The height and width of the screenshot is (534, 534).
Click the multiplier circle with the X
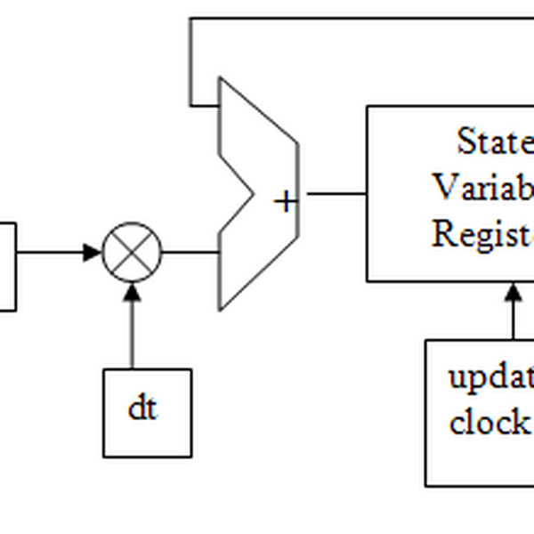[x=133, y=252]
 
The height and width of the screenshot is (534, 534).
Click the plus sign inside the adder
[x=285, y=202]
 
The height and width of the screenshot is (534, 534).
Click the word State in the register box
[x=495, y=142]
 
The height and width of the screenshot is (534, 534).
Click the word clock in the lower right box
[x=489, y=422]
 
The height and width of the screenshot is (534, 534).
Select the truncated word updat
[x=490, y=377]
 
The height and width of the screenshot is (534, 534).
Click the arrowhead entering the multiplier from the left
[x=93, y=252]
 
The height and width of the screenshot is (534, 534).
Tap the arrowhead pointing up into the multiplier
[x=133, y=291]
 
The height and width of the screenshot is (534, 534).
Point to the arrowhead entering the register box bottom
[x=513, y=292]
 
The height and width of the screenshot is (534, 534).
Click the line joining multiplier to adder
[x=190, y=252]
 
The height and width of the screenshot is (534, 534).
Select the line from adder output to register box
[x=333, y=193]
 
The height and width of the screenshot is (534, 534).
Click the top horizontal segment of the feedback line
[x=356, y=18]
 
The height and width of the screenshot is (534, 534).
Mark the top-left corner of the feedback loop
[x=190, y=19]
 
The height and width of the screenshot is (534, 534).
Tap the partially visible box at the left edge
[x=7, y=265]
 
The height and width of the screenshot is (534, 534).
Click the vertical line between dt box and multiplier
[x=133, y=334]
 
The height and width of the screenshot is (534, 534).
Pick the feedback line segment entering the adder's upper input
[x=204, y=104]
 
